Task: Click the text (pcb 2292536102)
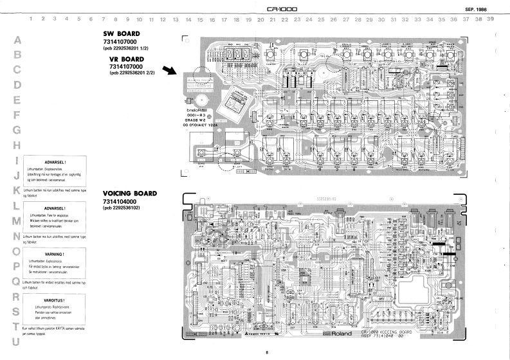click(125, 208)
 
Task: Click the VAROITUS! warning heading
click(54, 300)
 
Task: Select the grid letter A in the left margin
click(17, 40)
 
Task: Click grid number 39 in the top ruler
click(491, 19)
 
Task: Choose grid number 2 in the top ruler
click(43, 19)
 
